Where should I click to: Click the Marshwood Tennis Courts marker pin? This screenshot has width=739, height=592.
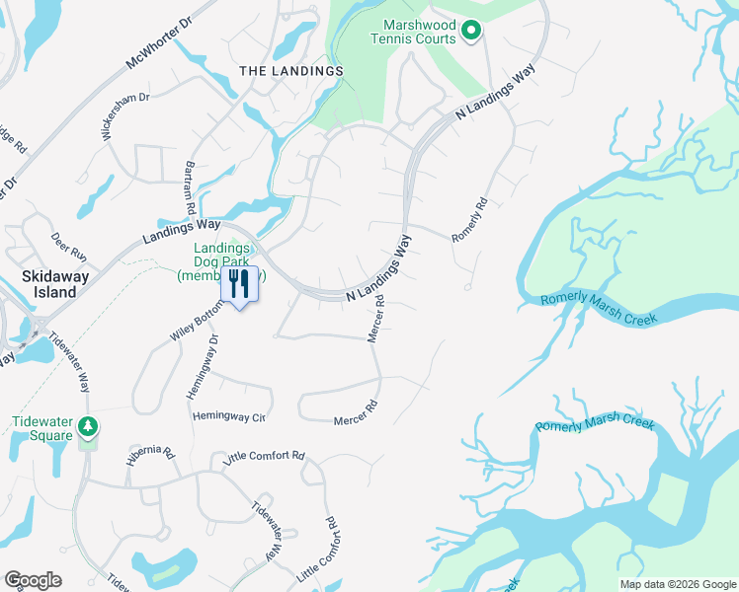[471, 32]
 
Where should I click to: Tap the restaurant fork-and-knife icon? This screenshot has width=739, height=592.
[239, 284]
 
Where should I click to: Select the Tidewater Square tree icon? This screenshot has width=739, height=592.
[89, 426]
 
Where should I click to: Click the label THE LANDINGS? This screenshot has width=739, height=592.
[292, 71]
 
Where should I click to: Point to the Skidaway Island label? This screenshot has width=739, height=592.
[50, 284]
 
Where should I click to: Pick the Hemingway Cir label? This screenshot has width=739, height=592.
[229, 417]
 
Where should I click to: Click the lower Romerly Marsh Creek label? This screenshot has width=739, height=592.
[595, 424]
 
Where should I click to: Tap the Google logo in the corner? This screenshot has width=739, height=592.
[33, 579]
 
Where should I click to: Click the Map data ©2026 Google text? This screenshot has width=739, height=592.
[677, 584]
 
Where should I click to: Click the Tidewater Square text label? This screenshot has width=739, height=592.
[43, 428]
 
